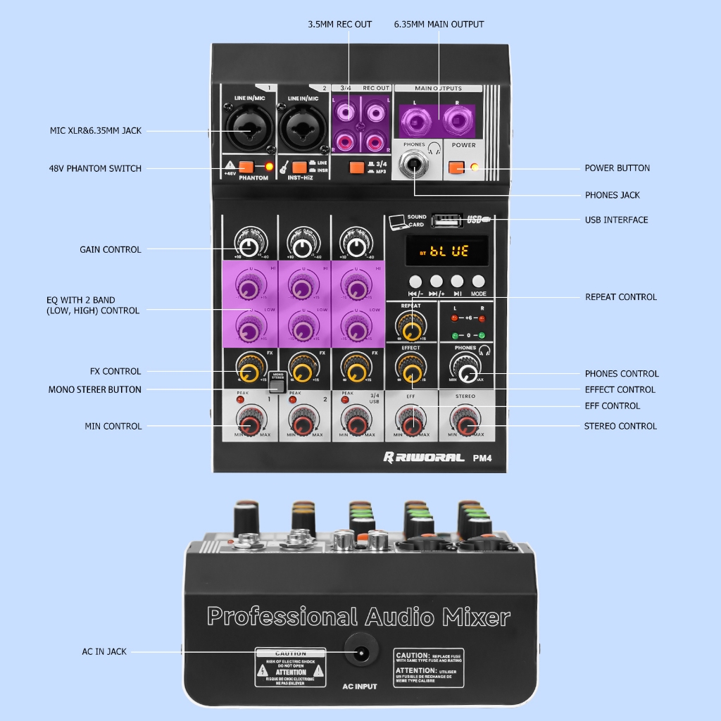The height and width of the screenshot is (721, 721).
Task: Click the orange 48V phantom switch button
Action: coord(246,168)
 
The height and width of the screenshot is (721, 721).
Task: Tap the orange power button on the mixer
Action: coord(455,168)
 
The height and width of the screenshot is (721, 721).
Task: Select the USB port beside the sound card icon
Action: coord(446,219)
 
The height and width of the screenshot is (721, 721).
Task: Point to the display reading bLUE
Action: coord(446,251)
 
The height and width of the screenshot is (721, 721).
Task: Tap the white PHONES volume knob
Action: coord(465,369)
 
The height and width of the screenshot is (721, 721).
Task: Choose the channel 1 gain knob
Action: coord(248,246)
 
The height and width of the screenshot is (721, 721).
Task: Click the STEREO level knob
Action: coord(465,424)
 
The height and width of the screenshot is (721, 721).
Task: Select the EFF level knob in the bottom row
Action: coord(410,424)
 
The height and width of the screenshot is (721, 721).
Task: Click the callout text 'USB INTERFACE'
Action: coord(616,220)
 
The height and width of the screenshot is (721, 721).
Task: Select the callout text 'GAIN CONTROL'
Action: coord(110,249)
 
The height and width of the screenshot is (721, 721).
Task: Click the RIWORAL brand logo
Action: coord(424,458)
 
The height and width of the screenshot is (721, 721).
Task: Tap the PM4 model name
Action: coord(482,458)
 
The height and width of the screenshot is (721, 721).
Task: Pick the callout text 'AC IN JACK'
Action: coord(104,651)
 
